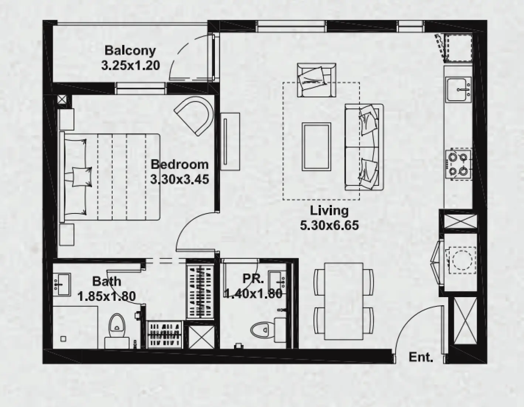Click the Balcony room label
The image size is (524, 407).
tap(130, 50)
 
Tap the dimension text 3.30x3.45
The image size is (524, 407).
tap(179, 179)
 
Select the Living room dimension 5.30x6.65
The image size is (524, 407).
tap(329, 225)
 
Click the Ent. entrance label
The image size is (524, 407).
tap(421, 357)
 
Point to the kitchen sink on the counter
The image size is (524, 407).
tap(458, 89)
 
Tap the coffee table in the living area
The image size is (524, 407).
tap(316, 147)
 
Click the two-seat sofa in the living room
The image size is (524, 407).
tap(364, 147)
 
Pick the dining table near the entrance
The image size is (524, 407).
tap(343, 301)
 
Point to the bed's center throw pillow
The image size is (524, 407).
tap(82, 176)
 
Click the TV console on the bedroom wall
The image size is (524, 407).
tap(230, 141)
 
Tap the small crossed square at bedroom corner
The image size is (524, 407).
tap(62, 99)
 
